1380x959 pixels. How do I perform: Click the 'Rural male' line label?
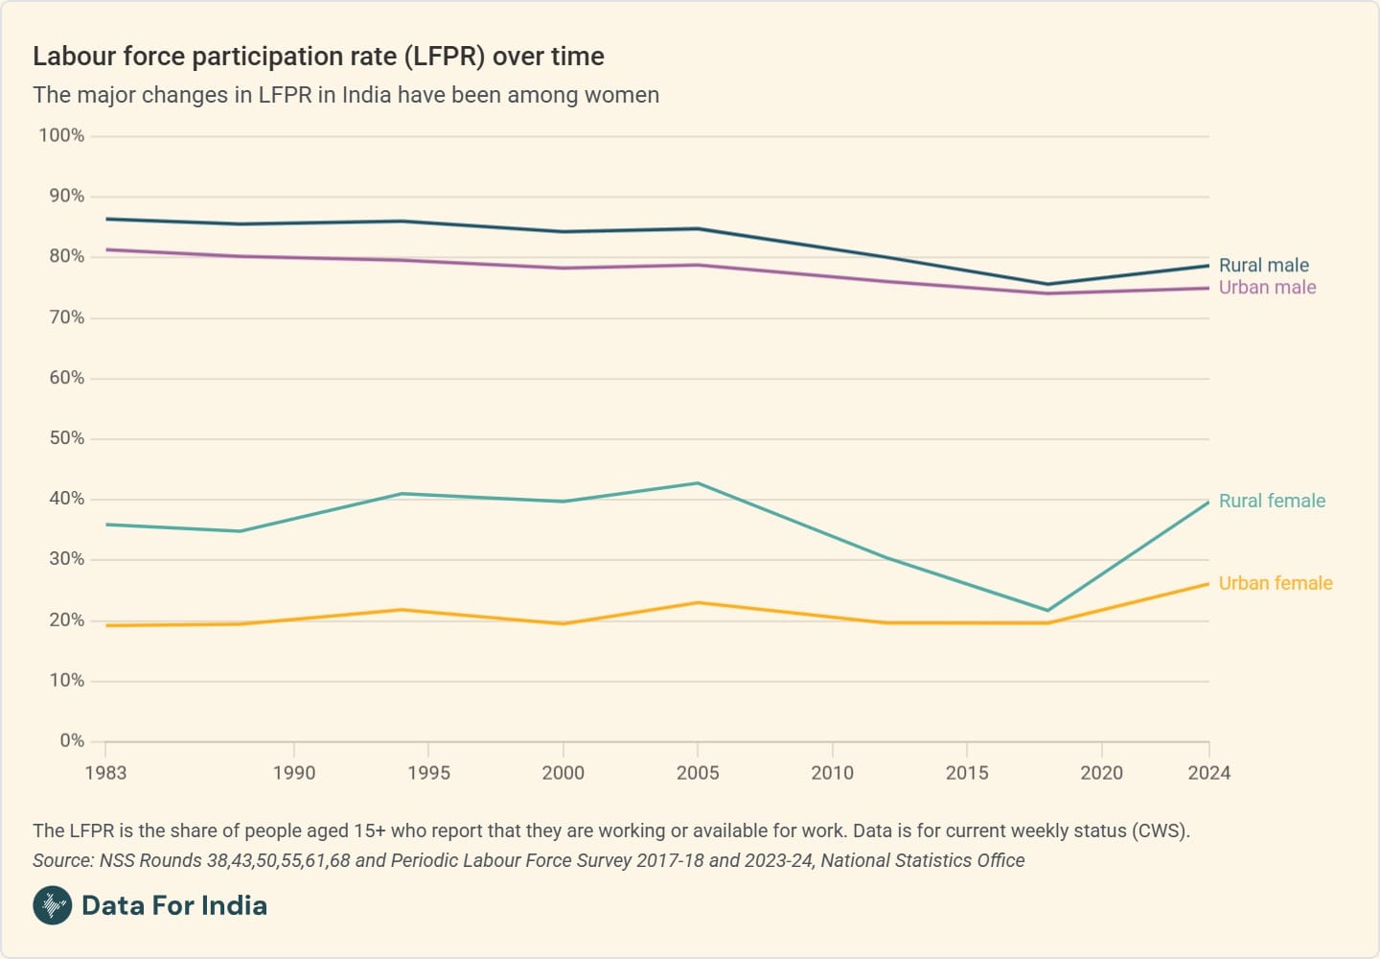[1263, 266]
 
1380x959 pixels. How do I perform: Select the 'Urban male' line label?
[1267, 288]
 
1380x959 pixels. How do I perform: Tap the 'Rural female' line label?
[1272, 501]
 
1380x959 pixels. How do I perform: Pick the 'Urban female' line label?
[1276, 583]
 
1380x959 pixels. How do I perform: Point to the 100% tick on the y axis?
[61, 135]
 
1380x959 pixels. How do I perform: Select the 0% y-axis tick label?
[72, 740]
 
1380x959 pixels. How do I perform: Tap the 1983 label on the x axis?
[105, 773]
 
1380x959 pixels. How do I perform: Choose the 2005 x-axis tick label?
[698, 773]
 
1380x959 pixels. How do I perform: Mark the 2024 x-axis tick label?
[1208, 773]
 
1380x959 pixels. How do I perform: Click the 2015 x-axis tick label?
[967, 773]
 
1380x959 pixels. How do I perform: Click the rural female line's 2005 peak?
[698, 483]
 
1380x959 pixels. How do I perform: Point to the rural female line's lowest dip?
[1047, 610]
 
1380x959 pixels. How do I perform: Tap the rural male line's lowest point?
[1047, 284]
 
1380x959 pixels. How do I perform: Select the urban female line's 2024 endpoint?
[1208, 584]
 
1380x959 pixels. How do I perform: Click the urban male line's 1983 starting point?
[105, 249]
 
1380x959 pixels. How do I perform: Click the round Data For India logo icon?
[53, 905]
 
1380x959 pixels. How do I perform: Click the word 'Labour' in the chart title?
[72, 57]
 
